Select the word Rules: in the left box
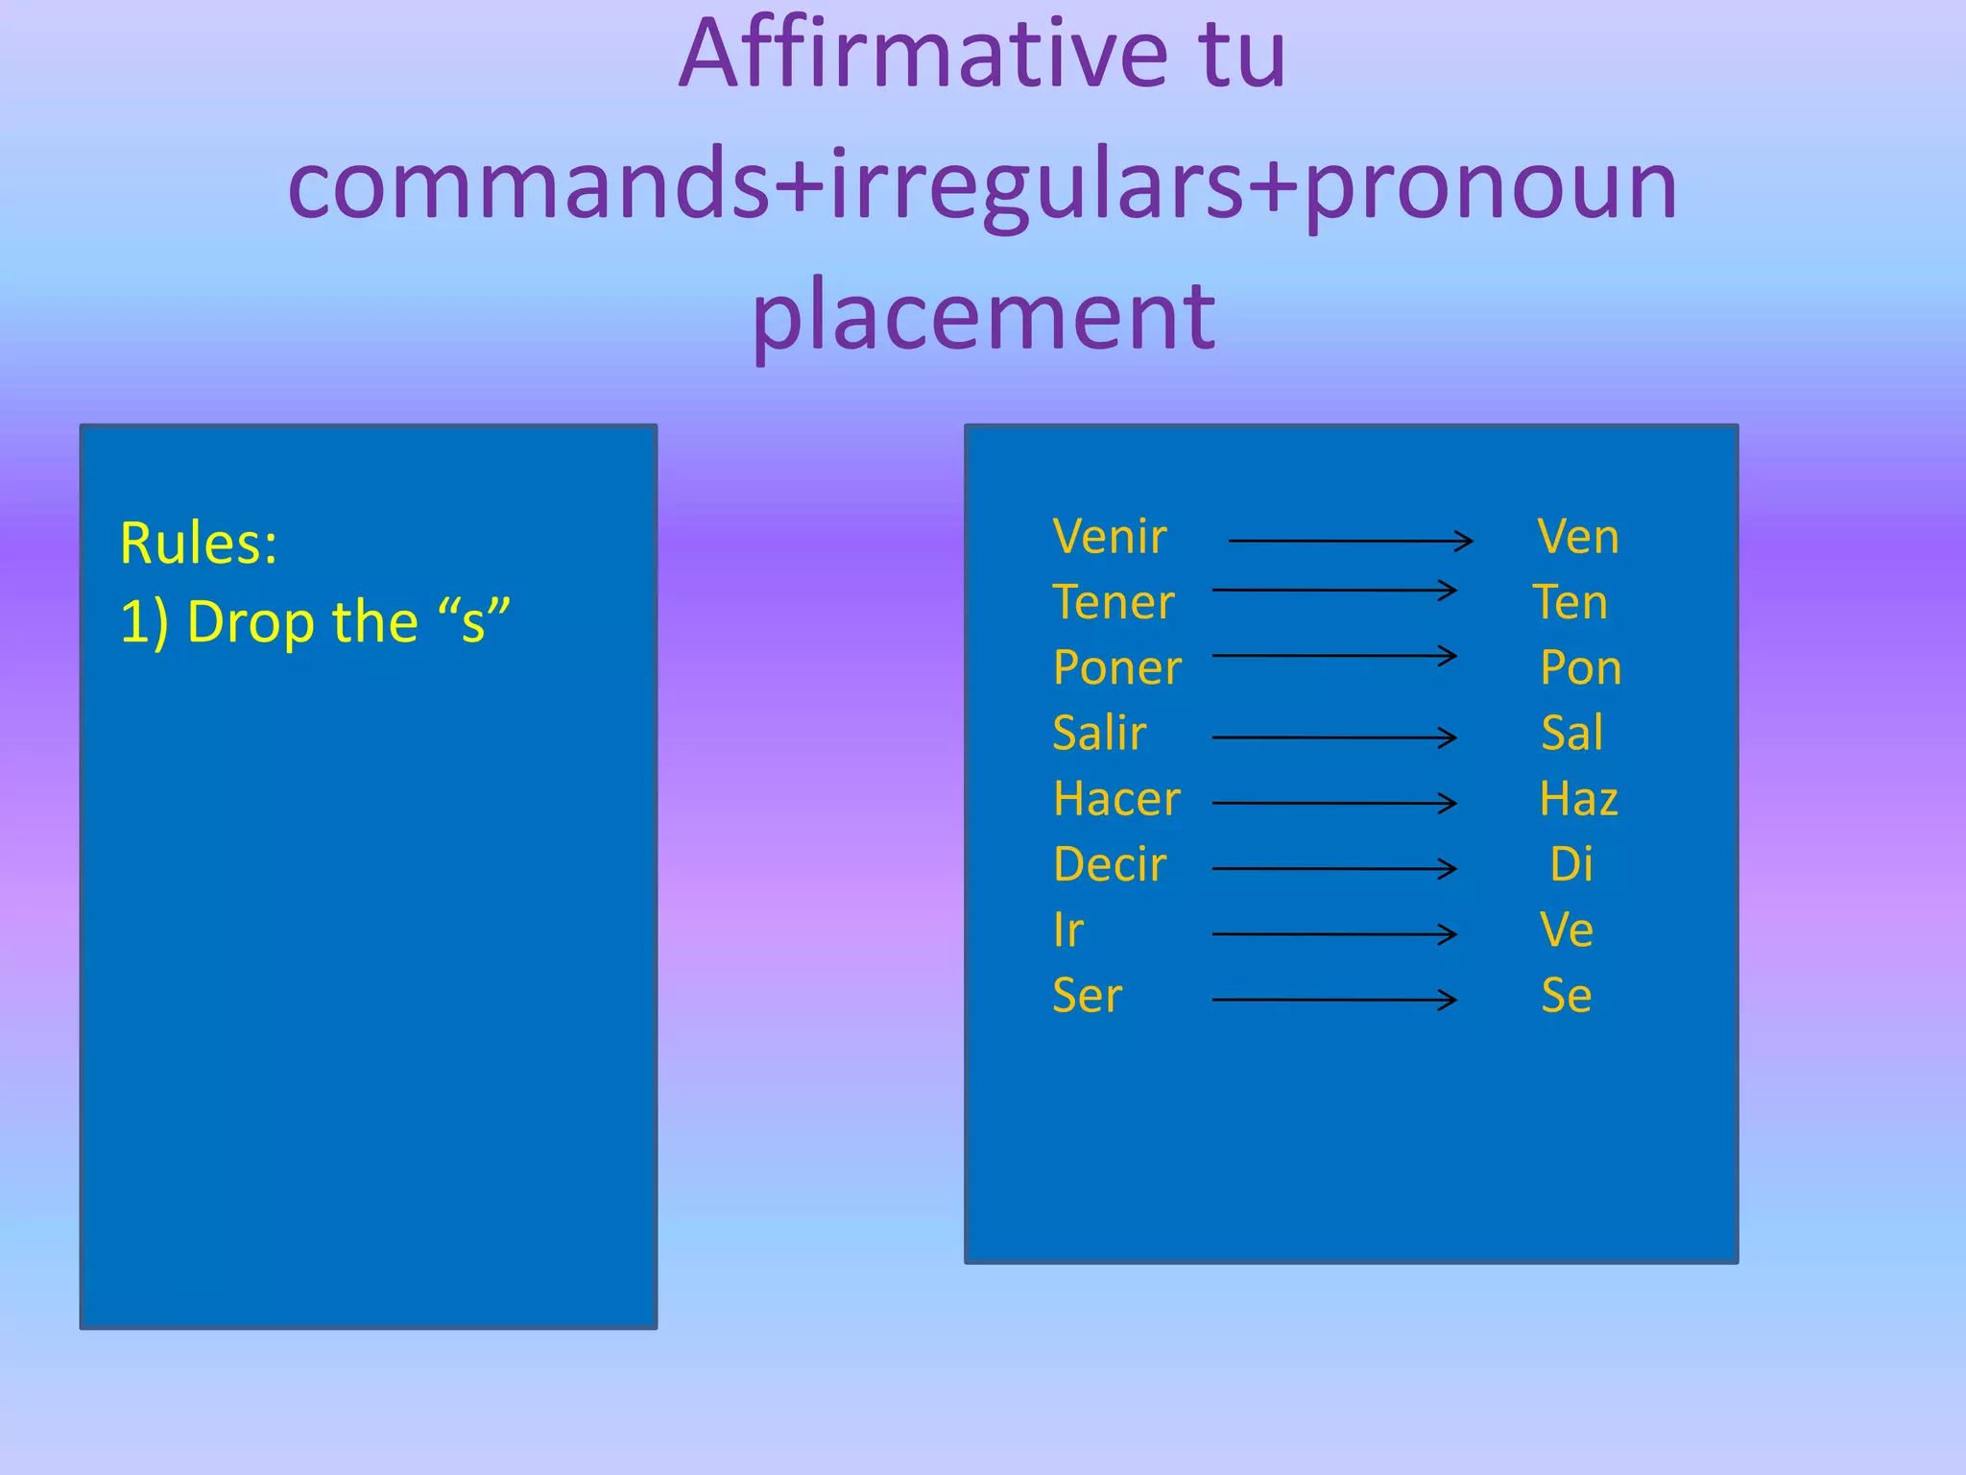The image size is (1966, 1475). pyautogui.click(x=199, y=544)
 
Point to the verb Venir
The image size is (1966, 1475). pyautogui.click(x=1110, y=537)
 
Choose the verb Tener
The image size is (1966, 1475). pyautogui.click(x=1114, y=603)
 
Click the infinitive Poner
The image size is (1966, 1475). pyautogui.click(x=1117, y=668)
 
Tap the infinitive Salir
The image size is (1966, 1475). pyautogui.click(x=1100, y=734)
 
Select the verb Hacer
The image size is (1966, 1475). pyautogui.click(x=1116, y=799)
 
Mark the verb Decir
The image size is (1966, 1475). pyautogui.click(x=1110, y=865)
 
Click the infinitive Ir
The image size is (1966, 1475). pyautogui.click(x=1068, y=931)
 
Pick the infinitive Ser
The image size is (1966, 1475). pyautogui.click(x=1087, y=996)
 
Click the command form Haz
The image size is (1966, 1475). pyautogui.click(x=1578, y=799)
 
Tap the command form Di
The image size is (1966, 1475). pyautogui.click(x=1571, y=865)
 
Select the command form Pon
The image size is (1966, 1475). pyautogui.click(x=1580, y=668)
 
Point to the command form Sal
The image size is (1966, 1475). pyautogui.click(x=1572, y=734)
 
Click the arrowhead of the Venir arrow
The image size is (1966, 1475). pyautogui.click(x=1467, y=542)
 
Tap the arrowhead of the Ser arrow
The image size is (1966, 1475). pyautogui.click(x=1451, y=1000)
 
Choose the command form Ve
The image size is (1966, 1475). pyautogui.click(x=1567, y=931)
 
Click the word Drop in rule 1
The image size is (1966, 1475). pyautogui.click(x=253, y=622)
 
